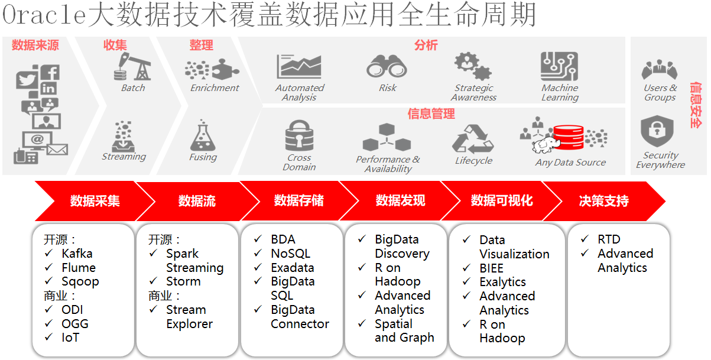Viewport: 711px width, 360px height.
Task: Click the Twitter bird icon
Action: click(27, 79)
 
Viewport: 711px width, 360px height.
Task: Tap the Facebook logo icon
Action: click(49, 72)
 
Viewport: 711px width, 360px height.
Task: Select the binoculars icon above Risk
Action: click(387, 66)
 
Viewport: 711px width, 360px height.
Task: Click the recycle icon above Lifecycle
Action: click(473, 139)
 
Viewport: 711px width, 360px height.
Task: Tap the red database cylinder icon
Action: click(568, 137)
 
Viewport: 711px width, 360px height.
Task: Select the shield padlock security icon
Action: click(657, 131)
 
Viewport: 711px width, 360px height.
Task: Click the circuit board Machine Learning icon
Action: click(559, 66)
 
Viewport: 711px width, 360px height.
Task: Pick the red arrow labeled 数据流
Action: click(197, 201)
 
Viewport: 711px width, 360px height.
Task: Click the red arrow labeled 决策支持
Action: click(603, 201)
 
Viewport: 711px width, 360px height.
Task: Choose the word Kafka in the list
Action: click(77, 254)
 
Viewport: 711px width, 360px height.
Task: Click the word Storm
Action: click(183, 281)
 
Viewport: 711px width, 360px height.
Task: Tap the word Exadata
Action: click(293, 268)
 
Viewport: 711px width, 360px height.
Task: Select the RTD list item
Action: click(609, 239)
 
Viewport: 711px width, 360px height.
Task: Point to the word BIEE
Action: click(491, 268)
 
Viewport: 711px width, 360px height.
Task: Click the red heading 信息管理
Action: click(431, 113)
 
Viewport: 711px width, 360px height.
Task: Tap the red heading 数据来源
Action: click(35, 45)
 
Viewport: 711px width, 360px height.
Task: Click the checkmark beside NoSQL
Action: click(258, 253)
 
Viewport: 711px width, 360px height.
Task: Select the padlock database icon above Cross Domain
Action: click(299, 135)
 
